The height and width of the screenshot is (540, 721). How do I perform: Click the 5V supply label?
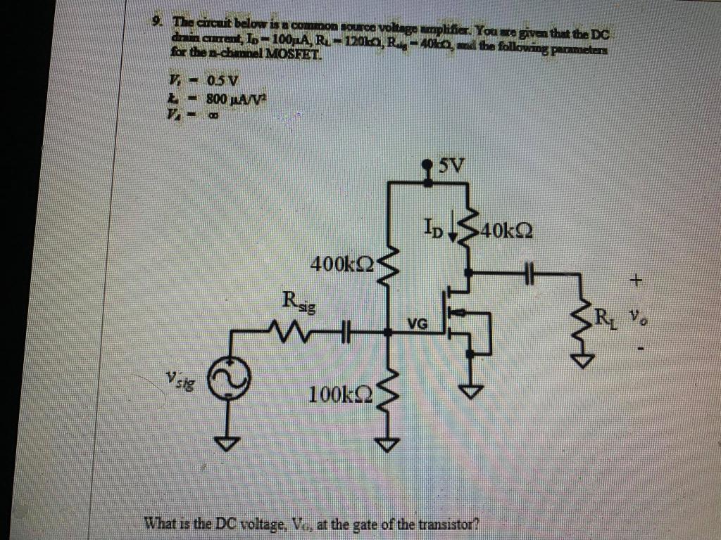451,167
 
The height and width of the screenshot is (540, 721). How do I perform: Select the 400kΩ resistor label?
343,266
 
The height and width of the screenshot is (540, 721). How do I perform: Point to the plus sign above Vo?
636,281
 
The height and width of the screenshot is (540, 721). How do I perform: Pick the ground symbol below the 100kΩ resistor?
389,444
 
